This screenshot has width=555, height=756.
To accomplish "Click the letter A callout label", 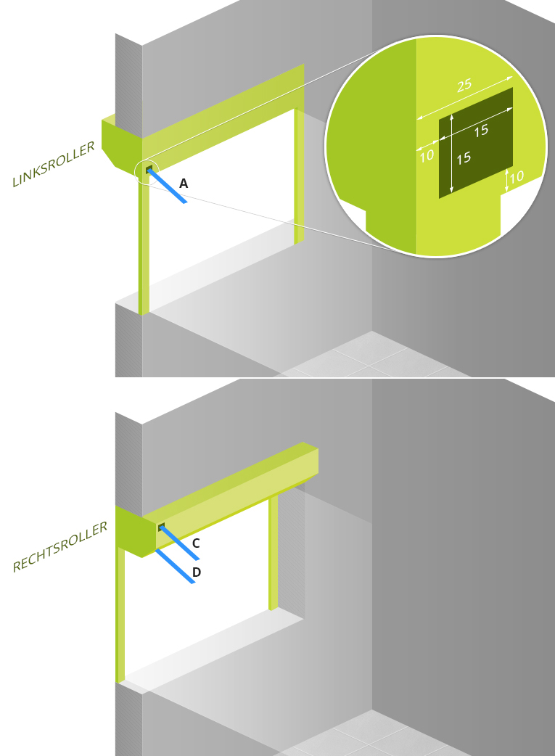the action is point(184,184).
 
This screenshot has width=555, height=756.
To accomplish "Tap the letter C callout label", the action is point(196,543).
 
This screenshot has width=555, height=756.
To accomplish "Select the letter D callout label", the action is point(197,572).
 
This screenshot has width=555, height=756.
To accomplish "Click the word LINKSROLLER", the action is point(54,165).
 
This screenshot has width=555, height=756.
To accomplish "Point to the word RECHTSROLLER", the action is point(59,547).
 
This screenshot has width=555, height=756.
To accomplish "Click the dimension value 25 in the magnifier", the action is point(464,86).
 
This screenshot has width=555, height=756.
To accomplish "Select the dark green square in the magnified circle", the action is point(475,143).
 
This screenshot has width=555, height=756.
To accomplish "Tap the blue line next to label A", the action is point(167,186).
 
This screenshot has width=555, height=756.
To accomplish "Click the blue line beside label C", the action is point(179,543).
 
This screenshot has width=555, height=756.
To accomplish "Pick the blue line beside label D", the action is point(175,566).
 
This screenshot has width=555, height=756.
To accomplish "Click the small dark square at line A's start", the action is point(149,169).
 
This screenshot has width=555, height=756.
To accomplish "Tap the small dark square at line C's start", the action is point(161,527).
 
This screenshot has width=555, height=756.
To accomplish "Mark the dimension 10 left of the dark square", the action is point(427,155).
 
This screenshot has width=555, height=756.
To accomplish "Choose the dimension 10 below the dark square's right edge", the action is point(517,176).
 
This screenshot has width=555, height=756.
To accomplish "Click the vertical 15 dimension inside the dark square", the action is point(464,158).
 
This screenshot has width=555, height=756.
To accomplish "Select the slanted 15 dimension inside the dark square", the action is point(481,131).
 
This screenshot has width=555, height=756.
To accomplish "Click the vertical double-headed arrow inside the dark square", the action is point(451,153).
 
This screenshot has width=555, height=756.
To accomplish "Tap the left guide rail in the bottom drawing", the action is point(120,615).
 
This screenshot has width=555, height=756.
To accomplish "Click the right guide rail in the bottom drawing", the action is point(274,553).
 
